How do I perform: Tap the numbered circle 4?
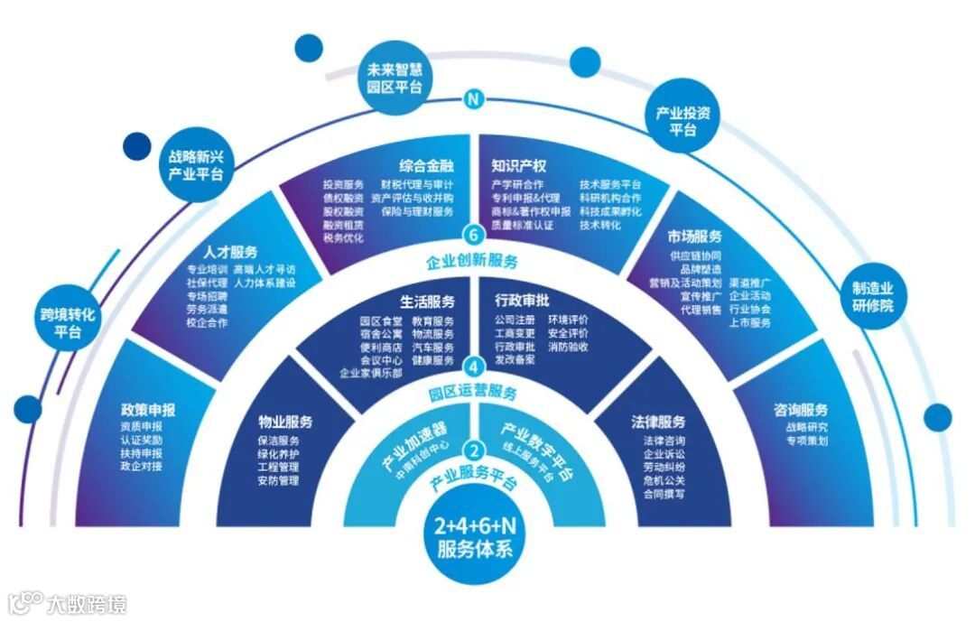tap(473, 367)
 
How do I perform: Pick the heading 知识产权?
tap(519, 166)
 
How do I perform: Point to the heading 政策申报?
tap(148, 410)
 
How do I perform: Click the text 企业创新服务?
tap(473, 263)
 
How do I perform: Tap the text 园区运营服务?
tap(473, 394)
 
